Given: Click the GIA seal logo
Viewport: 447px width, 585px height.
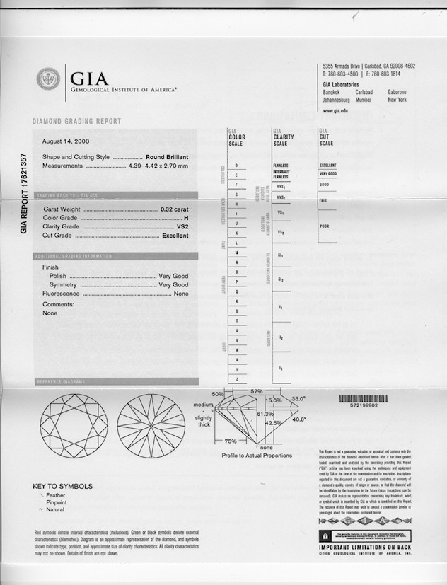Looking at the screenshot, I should pos(48,78).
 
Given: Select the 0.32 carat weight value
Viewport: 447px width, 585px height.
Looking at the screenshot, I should pos(175,210).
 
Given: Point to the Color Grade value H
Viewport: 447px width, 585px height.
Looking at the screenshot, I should pos(186,219).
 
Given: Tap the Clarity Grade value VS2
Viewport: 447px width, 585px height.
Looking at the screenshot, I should pos(182,227).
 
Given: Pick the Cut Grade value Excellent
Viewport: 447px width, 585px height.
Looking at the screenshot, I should pos(175,236).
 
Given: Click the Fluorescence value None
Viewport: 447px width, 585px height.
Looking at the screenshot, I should pos(181,293).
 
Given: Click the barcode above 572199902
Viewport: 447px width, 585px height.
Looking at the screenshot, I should pos(364,399).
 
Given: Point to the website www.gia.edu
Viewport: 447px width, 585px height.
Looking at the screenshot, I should pos(337,111).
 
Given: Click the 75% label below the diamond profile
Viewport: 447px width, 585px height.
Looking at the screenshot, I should pos(230,441).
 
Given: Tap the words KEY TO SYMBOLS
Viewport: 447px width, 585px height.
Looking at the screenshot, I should pos(62,487).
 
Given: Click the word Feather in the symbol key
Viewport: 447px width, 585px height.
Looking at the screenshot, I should pos(56,496).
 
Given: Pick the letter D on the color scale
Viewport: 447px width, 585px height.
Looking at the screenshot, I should pos(236,165).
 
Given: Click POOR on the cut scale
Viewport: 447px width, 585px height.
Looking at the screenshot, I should pos(325,226).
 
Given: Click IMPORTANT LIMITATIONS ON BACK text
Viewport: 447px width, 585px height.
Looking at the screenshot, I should pos(364,548).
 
